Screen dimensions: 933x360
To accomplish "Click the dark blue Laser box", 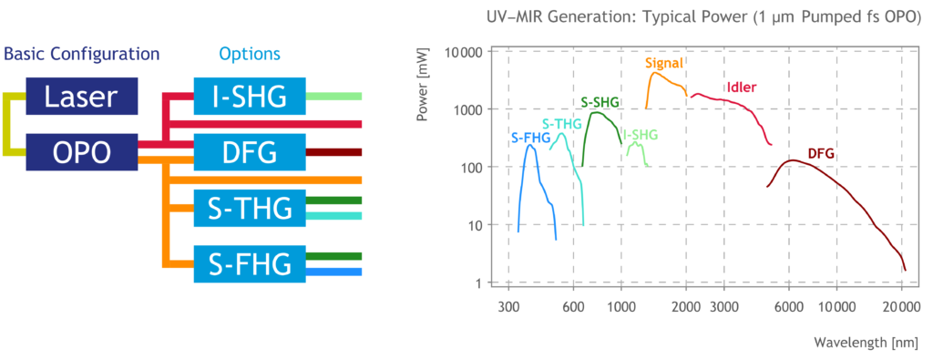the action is (81, 97).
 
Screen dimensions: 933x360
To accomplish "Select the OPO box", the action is (81, 152).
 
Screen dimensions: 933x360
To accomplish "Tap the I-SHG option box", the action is (250, 97).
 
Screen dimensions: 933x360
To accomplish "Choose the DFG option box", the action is (250, 152).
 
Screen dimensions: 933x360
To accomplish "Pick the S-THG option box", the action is (250, 209).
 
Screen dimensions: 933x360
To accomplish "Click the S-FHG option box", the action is (250, 263).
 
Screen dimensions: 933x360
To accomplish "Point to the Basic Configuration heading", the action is (81, 54).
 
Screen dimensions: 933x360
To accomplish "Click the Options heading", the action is (250, 54).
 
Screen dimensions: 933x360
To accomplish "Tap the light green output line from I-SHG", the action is (333, 97).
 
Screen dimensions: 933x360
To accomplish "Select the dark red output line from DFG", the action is (333, 152).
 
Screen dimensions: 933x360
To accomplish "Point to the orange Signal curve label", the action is (663, 63).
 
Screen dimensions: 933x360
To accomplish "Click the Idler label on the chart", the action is (742, 88).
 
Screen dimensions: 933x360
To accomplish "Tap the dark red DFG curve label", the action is (821, 154).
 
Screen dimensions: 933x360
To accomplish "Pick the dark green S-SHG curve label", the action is (600, 102).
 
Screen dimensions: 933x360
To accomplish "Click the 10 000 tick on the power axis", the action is (464, 52).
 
